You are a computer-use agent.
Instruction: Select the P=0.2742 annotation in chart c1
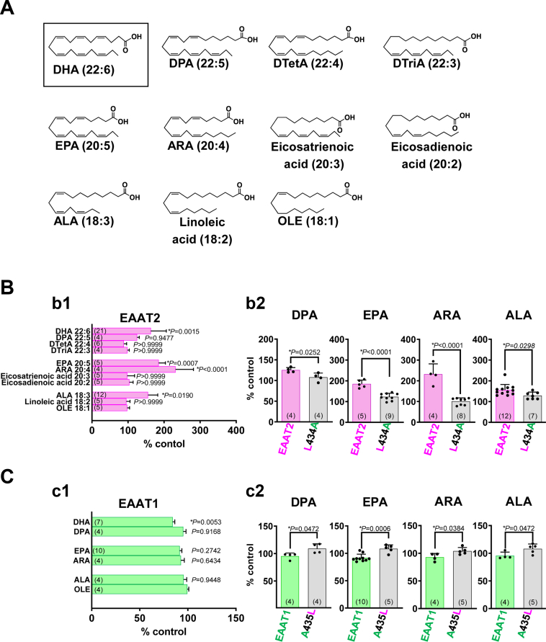point(206,548)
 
